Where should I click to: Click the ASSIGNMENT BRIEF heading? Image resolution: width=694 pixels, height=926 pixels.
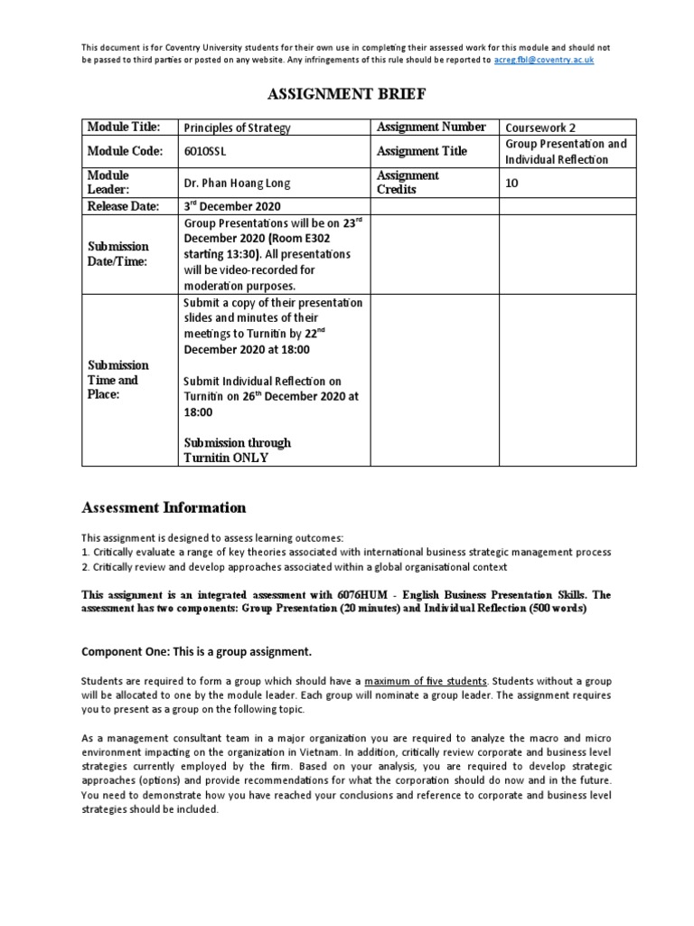coord(346,93)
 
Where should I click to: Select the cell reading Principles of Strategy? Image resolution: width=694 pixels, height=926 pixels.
coord(238,128)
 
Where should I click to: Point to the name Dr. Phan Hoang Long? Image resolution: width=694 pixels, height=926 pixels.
coord(238,183)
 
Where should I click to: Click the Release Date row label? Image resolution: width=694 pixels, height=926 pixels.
coord(123,205)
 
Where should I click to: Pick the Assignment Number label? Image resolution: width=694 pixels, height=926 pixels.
coord(431,128)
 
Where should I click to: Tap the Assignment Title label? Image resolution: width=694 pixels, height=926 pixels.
coord(421,151)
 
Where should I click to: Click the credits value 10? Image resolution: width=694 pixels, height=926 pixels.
coord(512,183)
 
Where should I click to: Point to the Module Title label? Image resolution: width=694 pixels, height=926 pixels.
coord(123,128)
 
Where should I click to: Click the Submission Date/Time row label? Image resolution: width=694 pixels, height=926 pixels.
coord(117,253)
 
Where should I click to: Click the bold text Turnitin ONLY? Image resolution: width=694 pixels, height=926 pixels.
coord(226,458)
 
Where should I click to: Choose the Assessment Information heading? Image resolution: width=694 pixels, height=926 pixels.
coord(164,507)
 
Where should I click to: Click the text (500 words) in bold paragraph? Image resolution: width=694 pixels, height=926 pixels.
coord(554,609)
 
